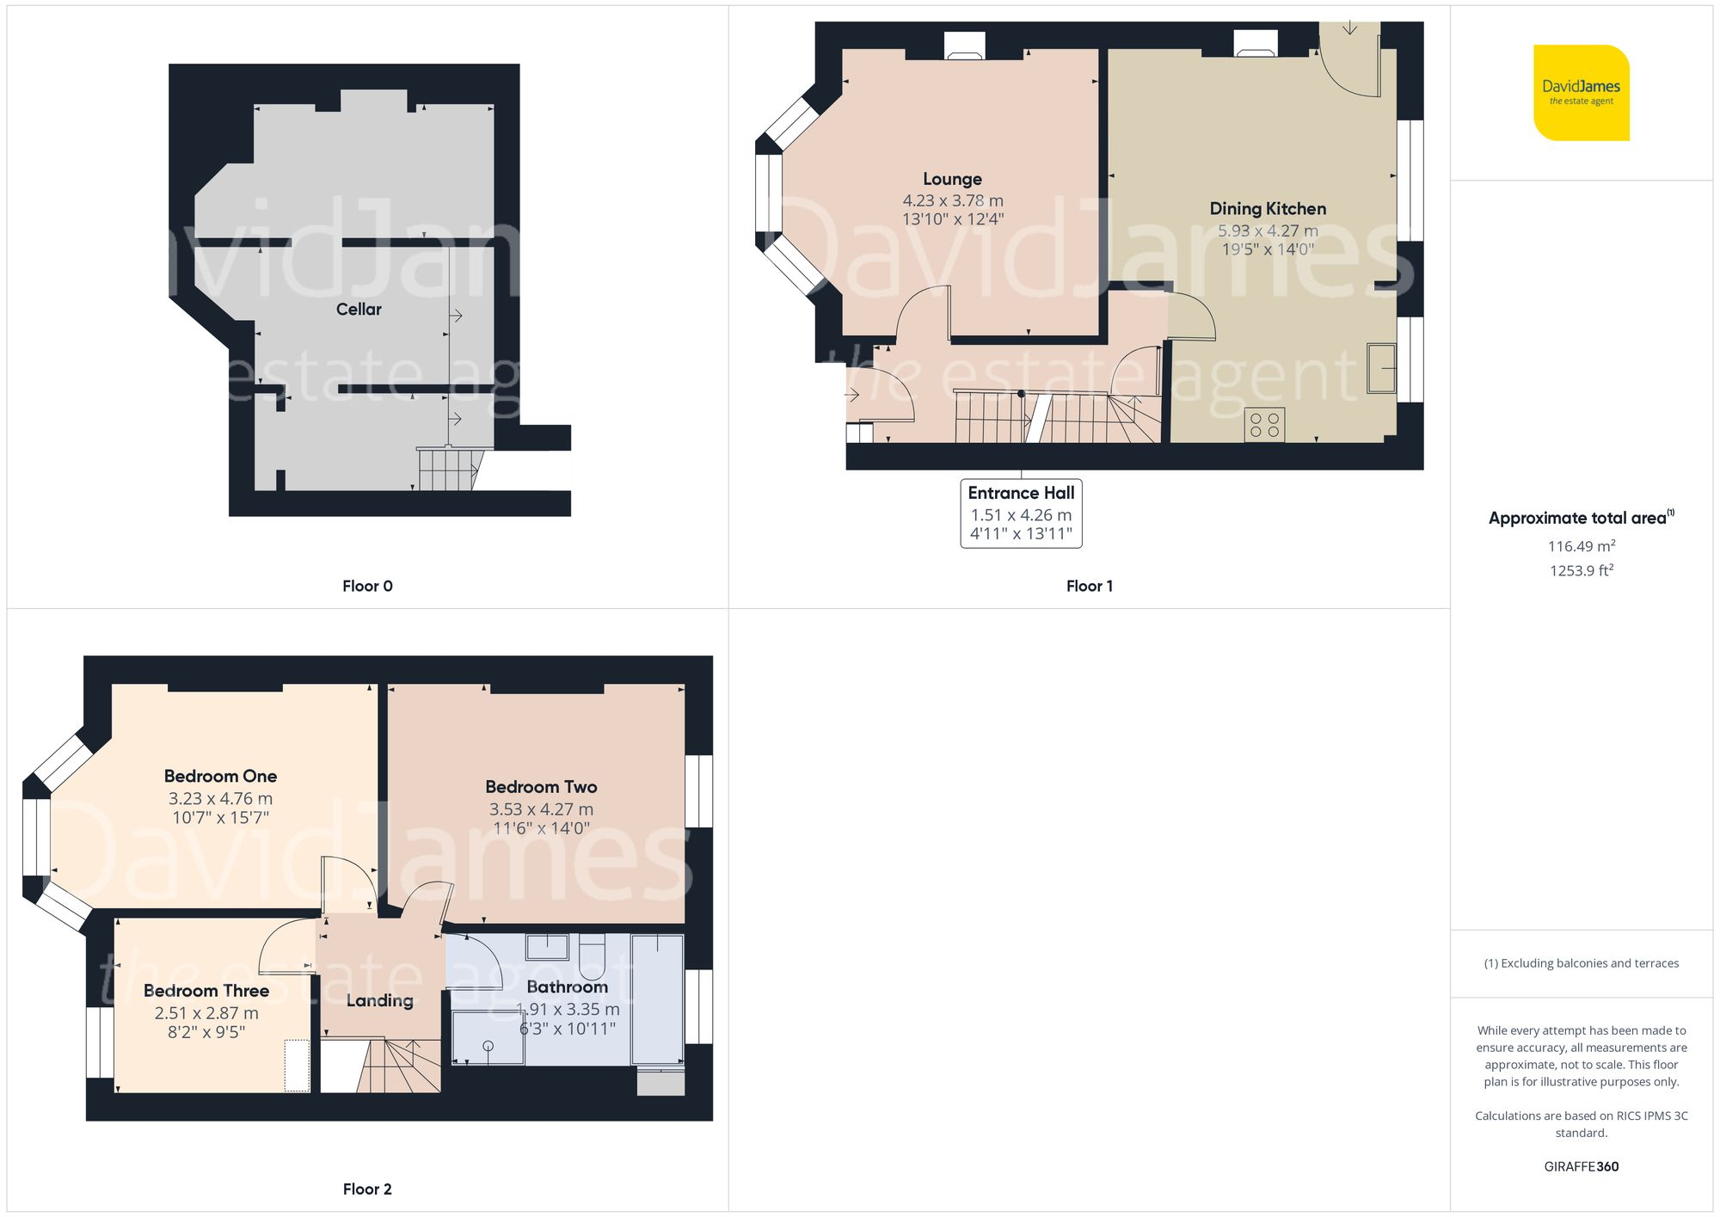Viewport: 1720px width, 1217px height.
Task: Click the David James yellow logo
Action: click(x=1581, y=93)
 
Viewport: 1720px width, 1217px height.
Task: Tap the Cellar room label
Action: click(x=359, y=310)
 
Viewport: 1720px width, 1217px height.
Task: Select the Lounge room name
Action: click(x=952, y=179)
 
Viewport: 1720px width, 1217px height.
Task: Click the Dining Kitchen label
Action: click(x=1268, y=208)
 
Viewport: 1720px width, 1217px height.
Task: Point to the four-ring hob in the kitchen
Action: click(x=1264, y=425)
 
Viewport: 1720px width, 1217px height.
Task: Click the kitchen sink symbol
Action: click(x=1381, y=368)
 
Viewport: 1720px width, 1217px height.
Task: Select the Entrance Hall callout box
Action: click(x=1021, y=513)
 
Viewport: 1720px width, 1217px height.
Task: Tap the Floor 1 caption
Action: click(x=1089, y=586)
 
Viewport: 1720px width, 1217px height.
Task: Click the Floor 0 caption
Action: click(x=367, y=586)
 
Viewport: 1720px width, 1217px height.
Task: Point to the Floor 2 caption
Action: click(x=367, y=1189)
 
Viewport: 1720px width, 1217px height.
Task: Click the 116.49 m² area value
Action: click(x=1581, y=546)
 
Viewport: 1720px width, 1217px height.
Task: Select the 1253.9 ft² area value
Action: click(x=1581, y=570)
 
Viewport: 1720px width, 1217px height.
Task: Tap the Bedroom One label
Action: click(x=220, y=776)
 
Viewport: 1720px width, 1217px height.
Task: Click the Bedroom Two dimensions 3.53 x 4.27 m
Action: click(x=541, y=809)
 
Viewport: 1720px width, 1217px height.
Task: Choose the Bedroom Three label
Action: click(x=206, y=991)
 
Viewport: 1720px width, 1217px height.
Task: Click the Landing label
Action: click(x=379, y=1000)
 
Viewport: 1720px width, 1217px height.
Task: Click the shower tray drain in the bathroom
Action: click(x=488, y=1046)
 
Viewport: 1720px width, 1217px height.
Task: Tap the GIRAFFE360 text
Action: click(x=1581, y=1166)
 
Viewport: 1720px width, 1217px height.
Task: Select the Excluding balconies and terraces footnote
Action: click(x=1581, y=963)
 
